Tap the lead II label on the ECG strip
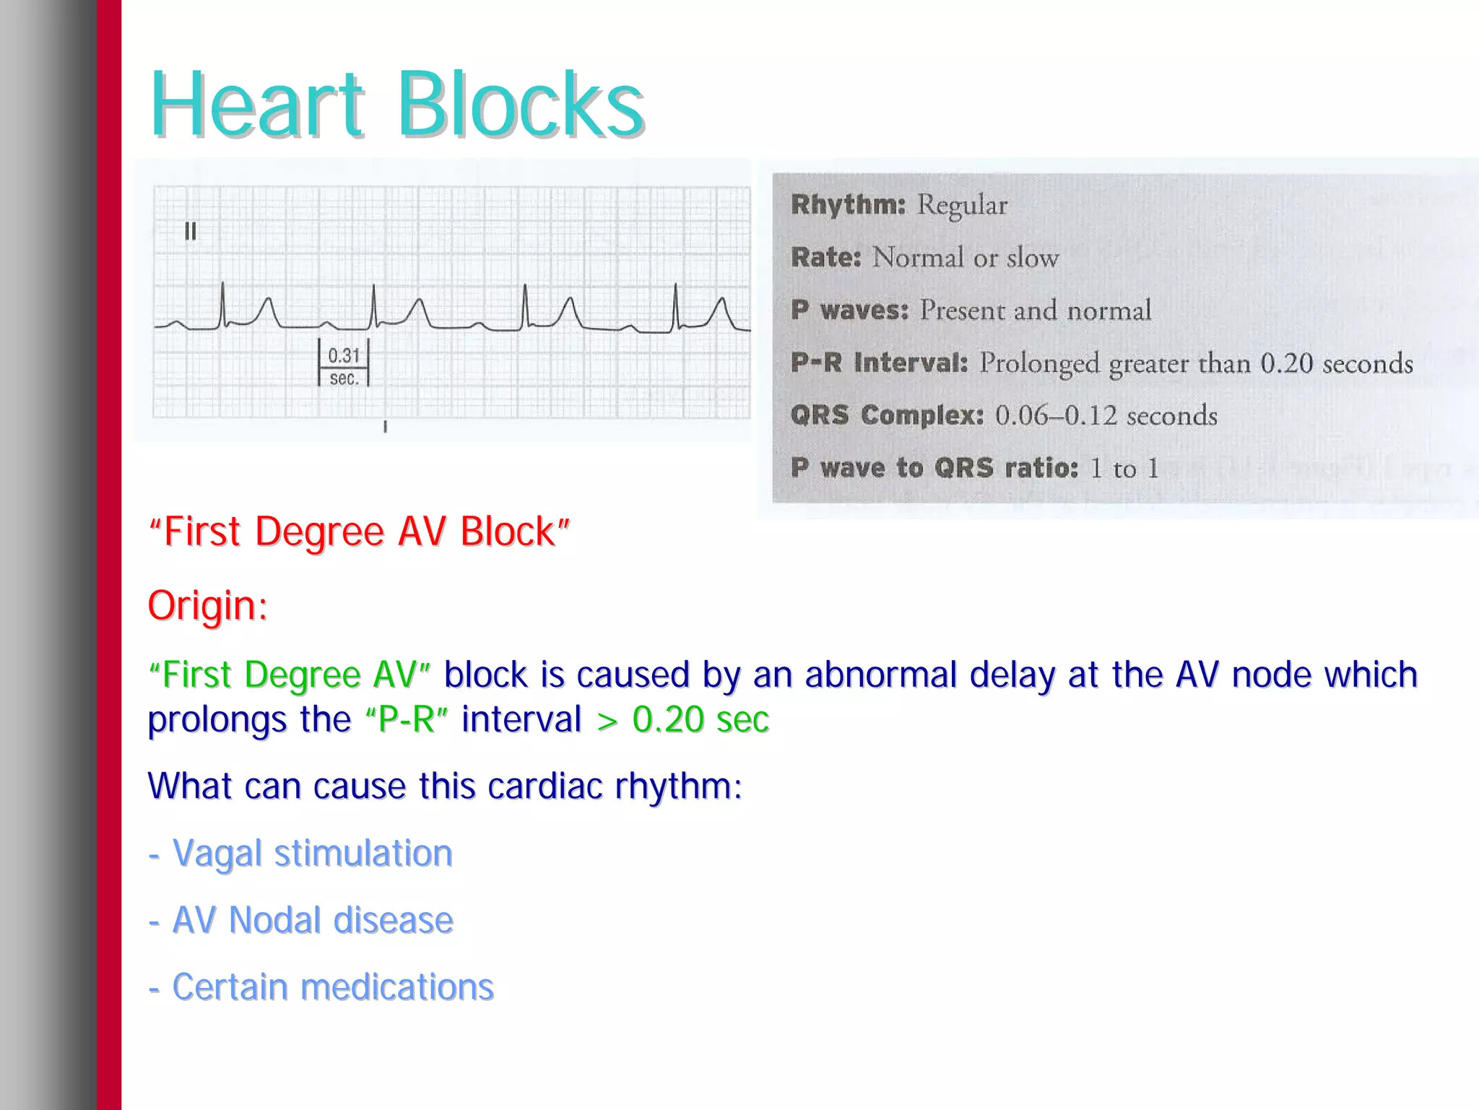tap(191, 232)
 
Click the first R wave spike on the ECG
tap(223, 303)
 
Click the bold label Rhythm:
tap(848, 205)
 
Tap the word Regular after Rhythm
tap(962, 206)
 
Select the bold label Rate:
tap(826, 258)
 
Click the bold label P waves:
tap(849, 311)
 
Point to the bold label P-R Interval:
tap(879, 363)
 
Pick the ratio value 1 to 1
tap(1124, 469)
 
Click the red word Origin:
tap(208, 605)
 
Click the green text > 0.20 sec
tap(683, 719)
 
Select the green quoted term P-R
tap(407, 719)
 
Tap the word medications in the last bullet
tap(397, 987)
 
